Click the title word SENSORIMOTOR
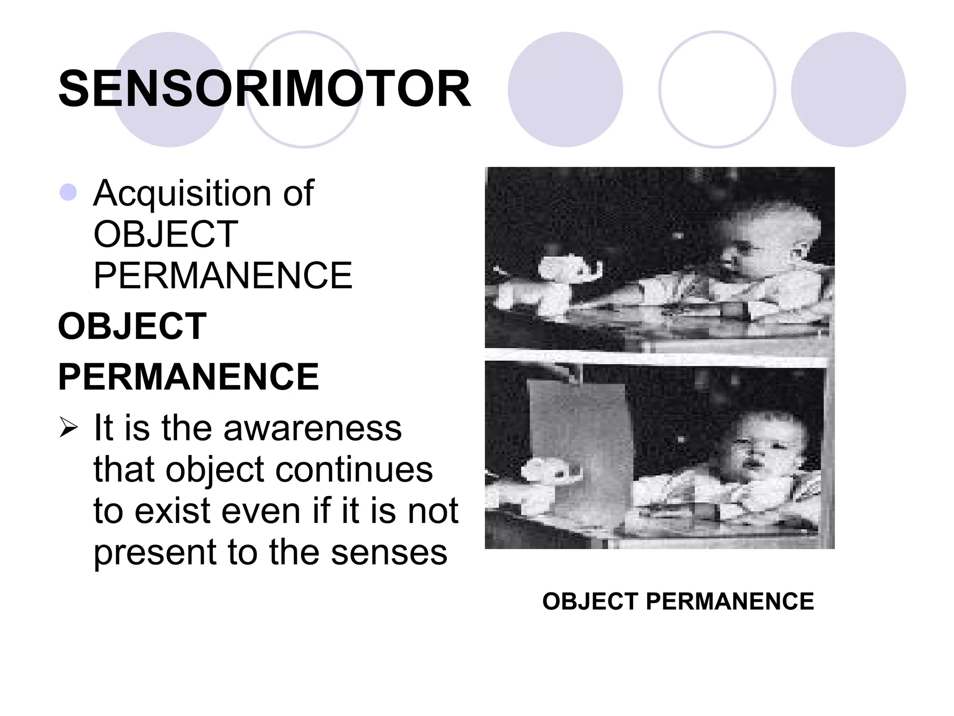point(264,89)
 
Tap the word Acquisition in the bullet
point(182,193)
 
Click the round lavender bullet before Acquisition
point(68,193)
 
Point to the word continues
point(354,469)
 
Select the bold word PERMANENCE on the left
point(188,377)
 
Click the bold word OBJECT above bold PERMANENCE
point(132,326)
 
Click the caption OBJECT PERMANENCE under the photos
point(678,601)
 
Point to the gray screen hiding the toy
point(582,447)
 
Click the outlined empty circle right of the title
point(717,89)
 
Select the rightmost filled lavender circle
point(848,89)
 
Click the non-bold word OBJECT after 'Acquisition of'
point(166,234)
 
